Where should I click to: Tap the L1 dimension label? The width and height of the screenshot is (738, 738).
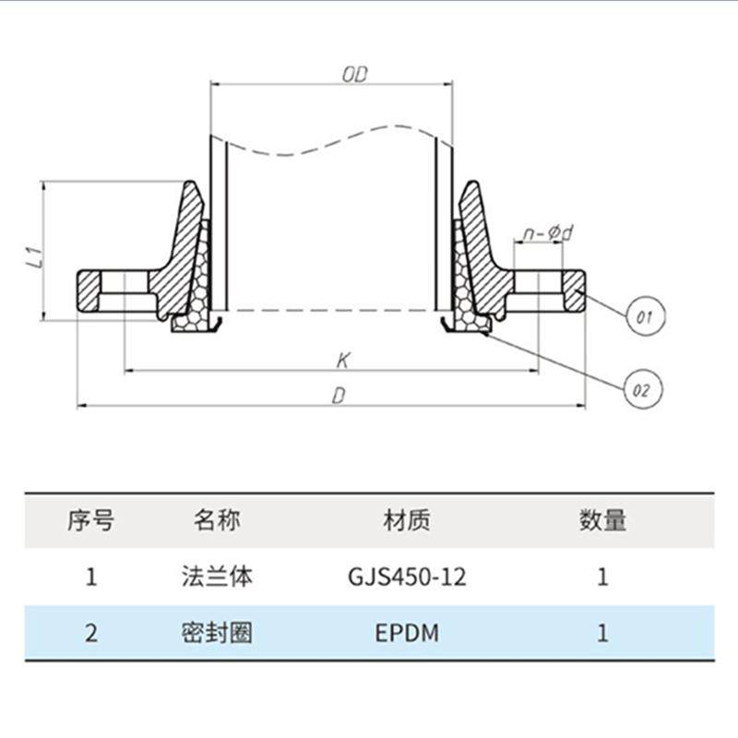pyautogui.click(x=34, y=257)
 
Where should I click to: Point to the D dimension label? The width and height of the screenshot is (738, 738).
pyautogui.click(x=339, y=395)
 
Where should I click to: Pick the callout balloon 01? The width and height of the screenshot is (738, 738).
pyautogui.click(x=644, y=317)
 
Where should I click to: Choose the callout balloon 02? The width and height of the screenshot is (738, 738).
pyautogui.click(x=642, y=389)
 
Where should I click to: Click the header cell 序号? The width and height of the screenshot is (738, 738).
pyautogui.click(x=90, y=520)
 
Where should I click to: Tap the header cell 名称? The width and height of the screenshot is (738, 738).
pyautogui.click(x=217, y=520)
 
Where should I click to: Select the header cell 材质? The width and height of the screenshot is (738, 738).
pyautogui.click(x=407, y=520)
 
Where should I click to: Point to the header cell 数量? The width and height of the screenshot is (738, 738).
pyautogui.click(x=603, y=520)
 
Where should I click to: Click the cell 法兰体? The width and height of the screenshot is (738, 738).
pyautogui.click(x=217, y=577)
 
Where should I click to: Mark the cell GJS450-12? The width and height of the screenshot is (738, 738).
pyautogui.click(x=407, y=577)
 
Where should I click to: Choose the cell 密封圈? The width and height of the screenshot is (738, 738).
pyautogui.click(x=217, y=634)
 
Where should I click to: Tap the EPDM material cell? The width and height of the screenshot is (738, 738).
pyautogui.click(x=407, y=634)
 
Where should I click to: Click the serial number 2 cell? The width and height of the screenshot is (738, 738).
pyautogui.click(x=90, y=634)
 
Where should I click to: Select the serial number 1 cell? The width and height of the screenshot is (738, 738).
pyautogui.click(x=90, y=577)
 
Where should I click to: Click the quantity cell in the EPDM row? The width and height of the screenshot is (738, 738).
pyautogui.click(x=603, y=634)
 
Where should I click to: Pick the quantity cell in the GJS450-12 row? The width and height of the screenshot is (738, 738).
pyautogui.click(x=603, y=577)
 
